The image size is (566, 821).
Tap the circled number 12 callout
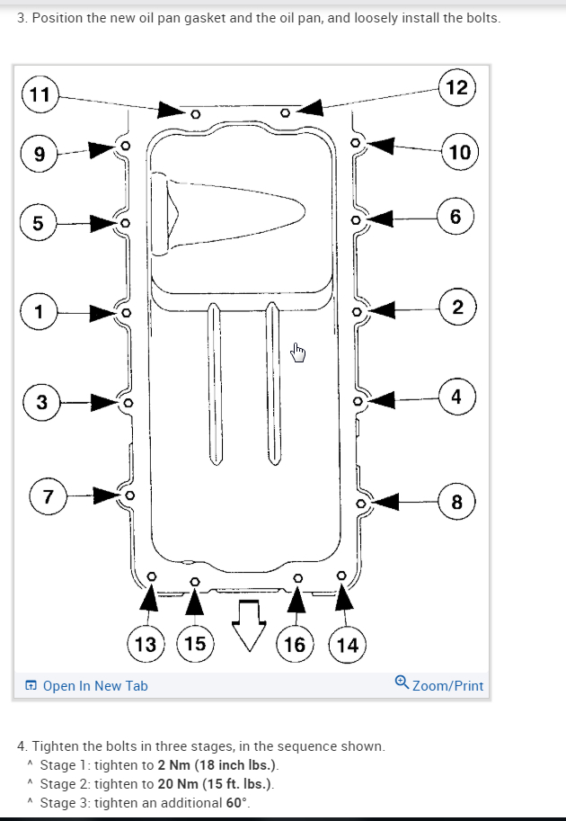click(456, 87)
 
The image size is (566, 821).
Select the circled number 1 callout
click(38, 312)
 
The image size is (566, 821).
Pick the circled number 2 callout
click(457, 308)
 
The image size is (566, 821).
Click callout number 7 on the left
click(48, 495)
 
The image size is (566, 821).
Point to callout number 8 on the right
click(456, 502)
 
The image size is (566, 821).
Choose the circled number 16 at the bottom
click(294, 644)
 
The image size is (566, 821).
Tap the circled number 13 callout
click(145, 644)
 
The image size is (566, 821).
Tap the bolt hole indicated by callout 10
click(357, 142)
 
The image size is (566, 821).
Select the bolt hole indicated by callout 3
click(128, 402)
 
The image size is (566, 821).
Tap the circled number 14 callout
click(346, 644)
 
